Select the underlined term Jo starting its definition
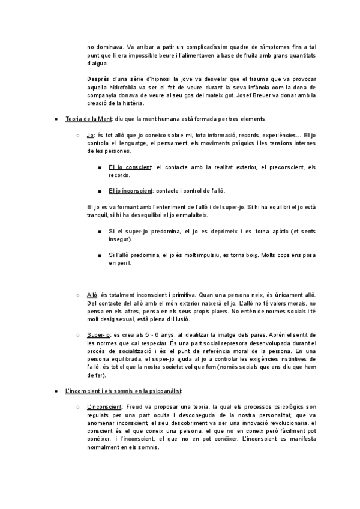(x=91, y=136)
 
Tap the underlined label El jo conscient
(x=130, y=167)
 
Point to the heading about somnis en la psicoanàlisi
(x=119, y=391)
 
